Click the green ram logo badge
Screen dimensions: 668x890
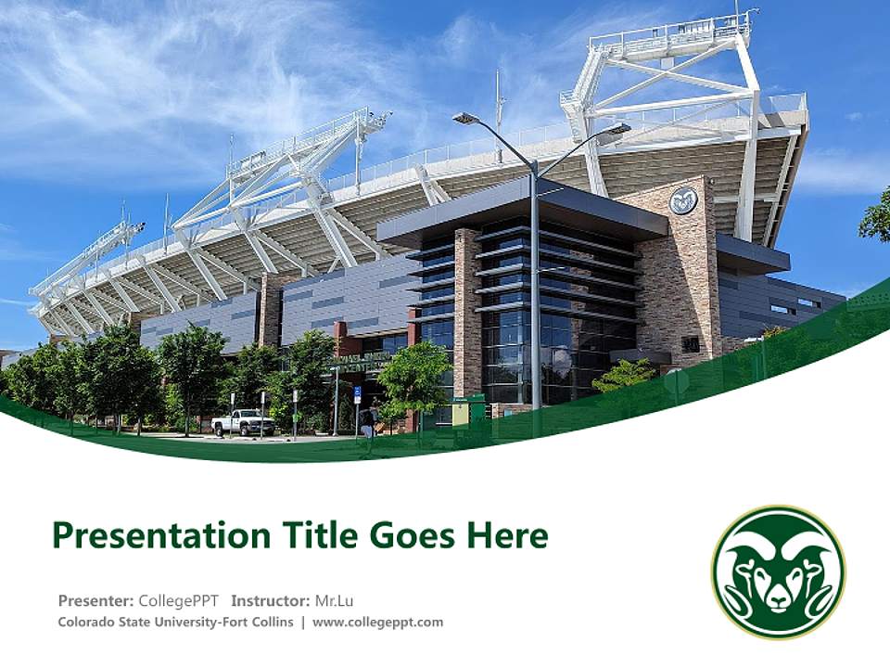[778, 572]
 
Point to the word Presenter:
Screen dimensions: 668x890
[95, 600]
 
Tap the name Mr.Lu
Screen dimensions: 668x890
[335, 600]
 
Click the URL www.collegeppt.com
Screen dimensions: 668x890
[377, 622]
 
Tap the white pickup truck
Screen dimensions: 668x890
[243, 423]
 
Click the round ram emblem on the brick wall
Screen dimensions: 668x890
[683, 200]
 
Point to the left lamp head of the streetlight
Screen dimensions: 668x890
[465, 119]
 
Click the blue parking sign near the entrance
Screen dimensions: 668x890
[358, 394]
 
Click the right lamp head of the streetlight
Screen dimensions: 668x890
[614, 129]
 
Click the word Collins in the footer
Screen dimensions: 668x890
[273, 622]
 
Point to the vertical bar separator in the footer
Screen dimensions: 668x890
[303, 622]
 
